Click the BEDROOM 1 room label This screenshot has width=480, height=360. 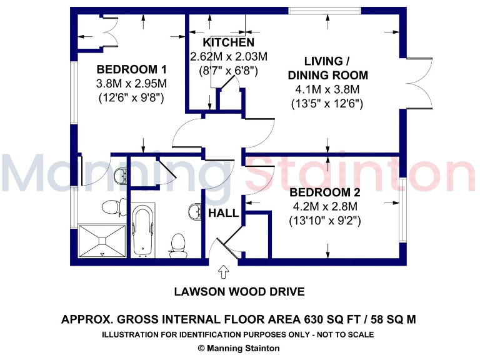pyautogui.click(x=132, y=69)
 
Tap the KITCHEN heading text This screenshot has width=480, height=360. pyautogui.click(x=228, y=43)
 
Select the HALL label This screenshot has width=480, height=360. pyautogui.click(x=223, y=213)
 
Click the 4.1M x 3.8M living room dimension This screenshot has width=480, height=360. pyautogui.click(x=327, y=89)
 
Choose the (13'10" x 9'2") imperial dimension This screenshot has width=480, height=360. pyautogui.click(x=325, y=220)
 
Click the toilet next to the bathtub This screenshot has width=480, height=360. pyautogui.click(x=178, y=243)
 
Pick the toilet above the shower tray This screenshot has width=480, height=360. pyautogui.click(x=111, y=206)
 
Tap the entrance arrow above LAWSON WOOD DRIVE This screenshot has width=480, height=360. pyautogui.click(x=223, y=272)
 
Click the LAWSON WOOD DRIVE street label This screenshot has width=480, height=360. pyautogui.click(x=239, y=292)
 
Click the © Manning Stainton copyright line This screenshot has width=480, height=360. pyautogui.click(x=239, y=348)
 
